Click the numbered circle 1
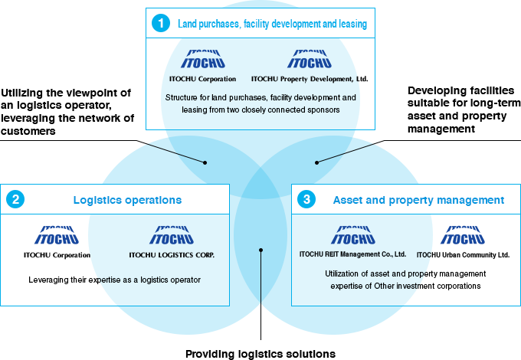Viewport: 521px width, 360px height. pyautogui.click(x=160, y=24)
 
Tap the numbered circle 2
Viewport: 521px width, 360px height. pyautogui.click(x=15, y=200)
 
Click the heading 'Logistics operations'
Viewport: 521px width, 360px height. pyautogui.click(x=127, y=200)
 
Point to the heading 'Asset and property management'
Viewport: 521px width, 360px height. pyautogui.click(x=418, y=200)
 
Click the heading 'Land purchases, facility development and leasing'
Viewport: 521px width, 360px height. pyautogui.click(x=272, y=25)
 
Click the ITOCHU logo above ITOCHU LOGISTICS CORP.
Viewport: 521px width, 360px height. pyautogui.click(x=172, y=235)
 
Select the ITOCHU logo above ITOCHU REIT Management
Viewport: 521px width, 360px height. pyautogui.click(x=352, y=235)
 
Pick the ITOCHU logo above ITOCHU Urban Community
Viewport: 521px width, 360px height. pyautogui.click(x=463, y=235)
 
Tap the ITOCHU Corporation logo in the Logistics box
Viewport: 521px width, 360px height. pyautogui.click(x=57, y=235)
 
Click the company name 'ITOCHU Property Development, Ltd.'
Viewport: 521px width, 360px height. pyautogui.click(x=310, y=79)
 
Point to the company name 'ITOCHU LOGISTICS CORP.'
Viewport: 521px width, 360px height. pyautogui.click(x=172, y=255)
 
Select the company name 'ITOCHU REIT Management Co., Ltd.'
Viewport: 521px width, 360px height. pyautogui.click(x=352, y=254)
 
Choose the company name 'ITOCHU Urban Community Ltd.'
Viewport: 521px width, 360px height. pyautogui.click(x=463, y=254)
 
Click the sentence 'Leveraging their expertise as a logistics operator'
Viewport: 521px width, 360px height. pyautogui.click(x=114, y=280)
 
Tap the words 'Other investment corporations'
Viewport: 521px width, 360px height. pyautogui.click(x=434, y=286)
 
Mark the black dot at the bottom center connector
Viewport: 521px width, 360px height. pyautogui.click(x=261, y=250)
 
